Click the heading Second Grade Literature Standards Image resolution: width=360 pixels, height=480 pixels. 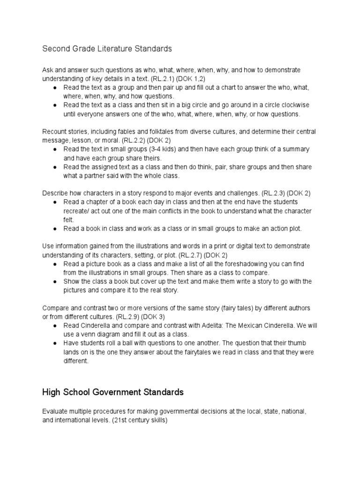click(x=107, y=48)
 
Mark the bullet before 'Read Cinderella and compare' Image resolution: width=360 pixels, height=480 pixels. click(x=55, y=325)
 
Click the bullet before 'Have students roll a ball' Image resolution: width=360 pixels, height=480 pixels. click(x=55, y=343)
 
